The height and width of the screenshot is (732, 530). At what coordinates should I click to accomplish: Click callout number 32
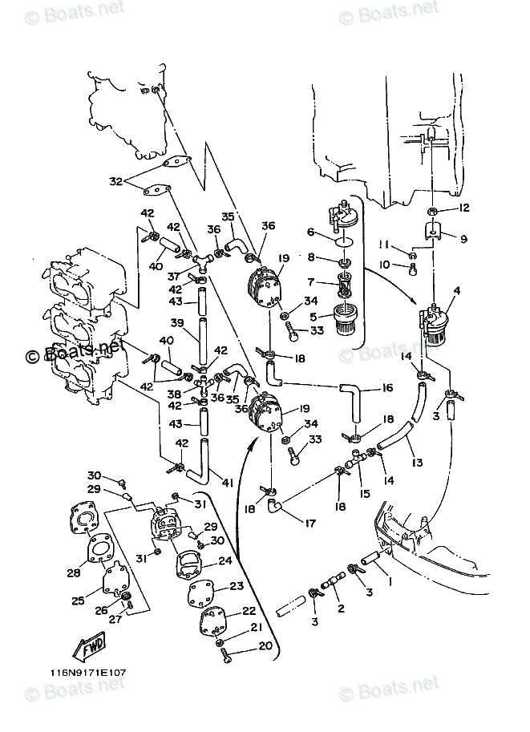coord(115,181)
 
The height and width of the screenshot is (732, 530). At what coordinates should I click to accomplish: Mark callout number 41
coord(229,483)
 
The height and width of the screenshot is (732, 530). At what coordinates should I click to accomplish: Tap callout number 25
coord(78,600)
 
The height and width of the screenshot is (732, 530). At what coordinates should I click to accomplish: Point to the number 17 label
coord(309,524)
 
